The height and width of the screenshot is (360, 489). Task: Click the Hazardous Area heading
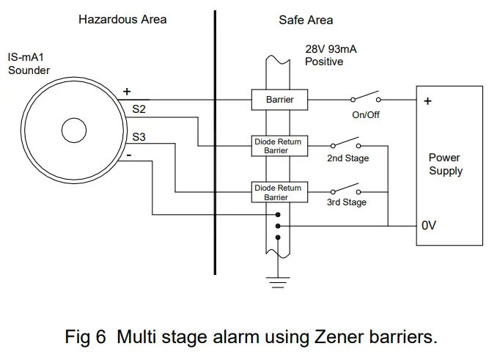pos(122,19)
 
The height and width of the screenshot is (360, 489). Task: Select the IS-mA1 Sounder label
pos(29,64)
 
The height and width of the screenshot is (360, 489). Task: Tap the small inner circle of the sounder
pos(76,132)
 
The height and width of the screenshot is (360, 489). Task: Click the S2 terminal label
pos(139,109)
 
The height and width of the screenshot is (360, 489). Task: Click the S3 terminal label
pos(139,136)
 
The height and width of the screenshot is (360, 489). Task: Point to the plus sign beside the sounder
pos(127,92)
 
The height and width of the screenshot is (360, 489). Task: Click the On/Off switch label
pos(366,115)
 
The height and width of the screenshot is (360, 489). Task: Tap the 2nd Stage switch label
pos(348,158)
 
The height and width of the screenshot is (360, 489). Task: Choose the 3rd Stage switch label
pos(347,202)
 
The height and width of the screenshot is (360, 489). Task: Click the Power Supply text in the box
pos(445,164)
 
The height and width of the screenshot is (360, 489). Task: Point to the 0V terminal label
pos(430,226)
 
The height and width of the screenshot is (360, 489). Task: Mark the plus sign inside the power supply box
pos(427,101)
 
